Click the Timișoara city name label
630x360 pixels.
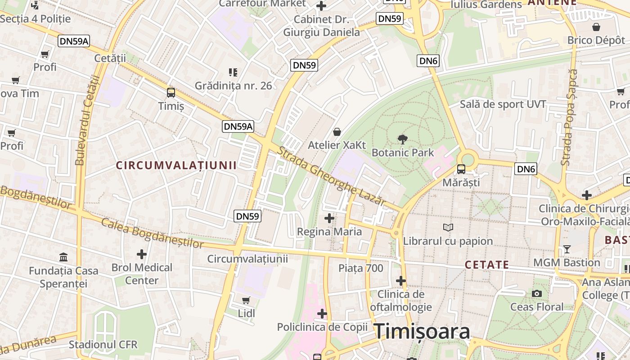tap(422, 332)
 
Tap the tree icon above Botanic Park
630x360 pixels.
tap(403, 139)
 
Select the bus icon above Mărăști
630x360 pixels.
tap(461, 169)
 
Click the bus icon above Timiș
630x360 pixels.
tap(171, 93)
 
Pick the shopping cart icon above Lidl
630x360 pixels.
tap(246, 300)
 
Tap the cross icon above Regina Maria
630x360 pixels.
tap(329, 218)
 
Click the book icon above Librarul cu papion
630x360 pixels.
tap(448, 228)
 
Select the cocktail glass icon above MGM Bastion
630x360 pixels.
tap(567, 249)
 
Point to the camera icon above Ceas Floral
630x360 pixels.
tap(536, 294)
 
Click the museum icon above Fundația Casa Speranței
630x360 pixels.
tap(63, 257)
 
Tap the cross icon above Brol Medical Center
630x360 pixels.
tap(142, 254)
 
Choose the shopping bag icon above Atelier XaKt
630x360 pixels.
tap(337, 132)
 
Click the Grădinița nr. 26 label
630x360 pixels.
tap(233, 85)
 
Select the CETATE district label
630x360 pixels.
tap(487, 265)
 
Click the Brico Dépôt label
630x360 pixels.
tap(596, 40)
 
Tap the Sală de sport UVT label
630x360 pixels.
tap(503, 104)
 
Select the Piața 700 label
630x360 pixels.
tap(361, 269)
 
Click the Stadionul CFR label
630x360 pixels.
tap(103, 345)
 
